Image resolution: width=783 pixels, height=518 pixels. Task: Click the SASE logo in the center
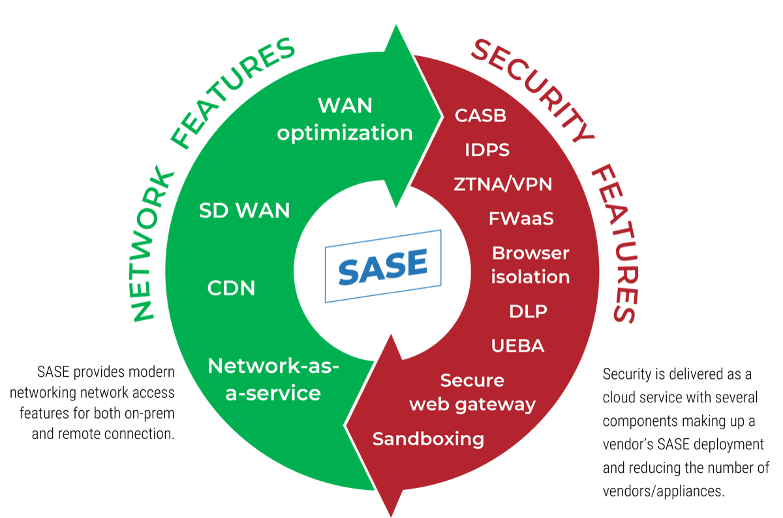(383, 266)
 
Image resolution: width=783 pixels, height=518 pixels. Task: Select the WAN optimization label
(345, 119)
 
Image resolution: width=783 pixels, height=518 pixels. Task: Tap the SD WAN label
(244, 211)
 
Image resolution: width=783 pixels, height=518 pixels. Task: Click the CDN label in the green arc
(231, 288)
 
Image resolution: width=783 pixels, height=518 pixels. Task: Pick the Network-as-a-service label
(273, 380)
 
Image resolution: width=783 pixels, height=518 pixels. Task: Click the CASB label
(481, 116)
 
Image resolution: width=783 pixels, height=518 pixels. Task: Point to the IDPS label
(487, 150)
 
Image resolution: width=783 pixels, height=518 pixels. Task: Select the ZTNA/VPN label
(503, 184)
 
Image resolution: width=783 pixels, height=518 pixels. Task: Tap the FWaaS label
(521, 218)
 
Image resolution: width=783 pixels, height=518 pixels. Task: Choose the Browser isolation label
(530, 265)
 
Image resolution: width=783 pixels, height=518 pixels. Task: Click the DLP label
(528, 312)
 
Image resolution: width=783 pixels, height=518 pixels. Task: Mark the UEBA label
(517, 346)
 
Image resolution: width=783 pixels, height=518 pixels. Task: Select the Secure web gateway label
(472, 392)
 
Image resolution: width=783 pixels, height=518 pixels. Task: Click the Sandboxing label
(428, 439)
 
